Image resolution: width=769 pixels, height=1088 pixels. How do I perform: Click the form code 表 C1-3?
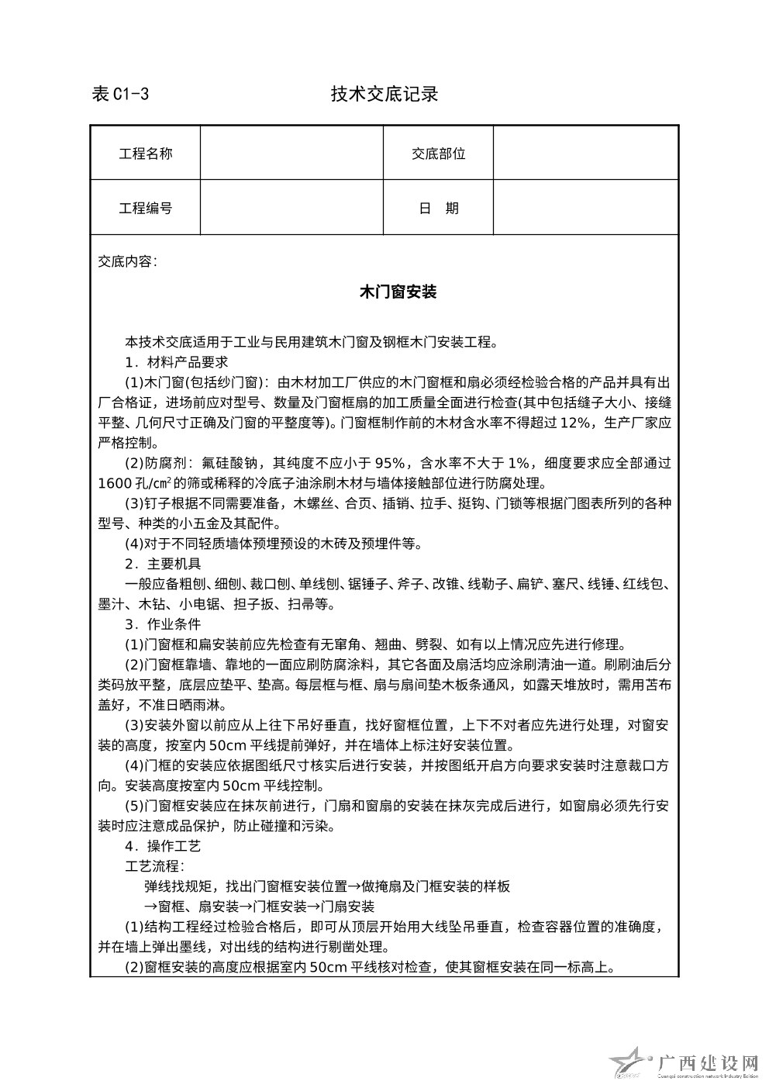[120, 95]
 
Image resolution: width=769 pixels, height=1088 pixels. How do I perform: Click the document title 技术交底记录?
[384, 95]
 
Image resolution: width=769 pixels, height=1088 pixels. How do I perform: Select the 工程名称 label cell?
[145, 154]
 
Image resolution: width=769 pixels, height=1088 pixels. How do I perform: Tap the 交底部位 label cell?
[439, 154]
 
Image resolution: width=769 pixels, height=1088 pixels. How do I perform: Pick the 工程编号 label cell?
[145, 208]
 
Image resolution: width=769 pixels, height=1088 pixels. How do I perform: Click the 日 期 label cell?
[439, 208]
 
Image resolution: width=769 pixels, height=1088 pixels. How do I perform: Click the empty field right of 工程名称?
[291, 154]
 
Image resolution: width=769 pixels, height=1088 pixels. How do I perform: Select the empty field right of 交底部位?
[586, 154]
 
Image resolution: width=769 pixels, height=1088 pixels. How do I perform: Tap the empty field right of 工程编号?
[291, 208]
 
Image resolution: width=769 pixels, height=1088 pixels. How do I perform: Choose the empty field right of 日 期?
[586, 208]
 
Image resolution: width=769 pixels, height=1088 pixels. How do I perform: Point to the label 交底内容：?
[128, 261]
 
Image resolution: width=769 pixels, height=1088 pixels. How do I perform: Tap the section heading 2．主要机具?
[163, 564]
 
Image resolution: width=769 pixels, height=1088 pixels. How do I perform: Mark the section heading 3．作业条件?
[163, 624]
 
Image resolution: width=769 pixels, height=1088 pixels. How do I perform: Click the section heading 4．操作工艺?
[163, 845]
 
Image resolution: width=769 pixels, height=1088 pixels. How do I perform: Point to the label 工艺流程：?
[155, 865]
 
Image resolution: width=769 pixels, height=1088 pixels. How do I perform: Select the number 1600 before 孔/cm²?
[116, 483]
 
